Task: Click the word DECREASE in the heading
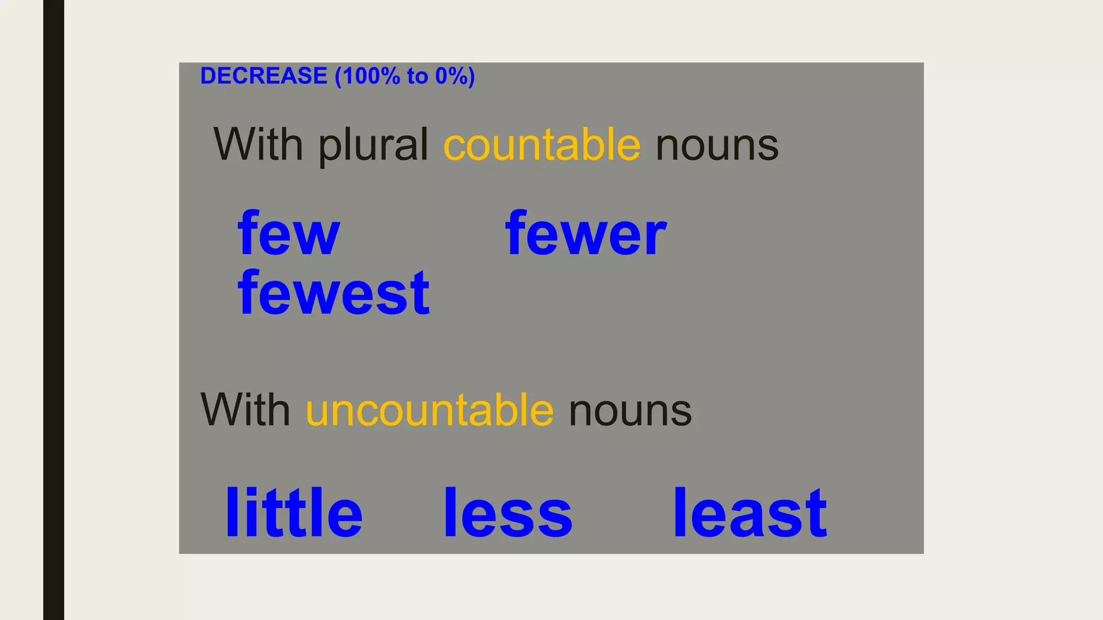coord(263,76)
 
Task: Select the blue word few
coord(289,234)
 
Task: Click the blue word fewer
coord(586,234)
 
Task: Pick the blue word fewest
coord(333,293)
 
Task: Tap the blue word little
coord(294,513)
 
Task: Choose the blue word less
coord(507,513)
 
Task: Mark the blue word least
coord(750,513)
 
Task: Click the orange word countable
coord(542,145)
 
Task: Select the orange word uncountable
coord(429,410)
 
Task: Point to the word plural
coord(373,145)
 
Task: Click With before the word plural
coord(258,144)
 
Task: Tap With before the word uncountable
coord(245,410)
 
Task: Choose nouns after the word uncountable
coord(630,411)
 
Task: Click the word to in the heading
coord(417,76)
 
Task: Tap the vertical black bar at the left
coord(53,310)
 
